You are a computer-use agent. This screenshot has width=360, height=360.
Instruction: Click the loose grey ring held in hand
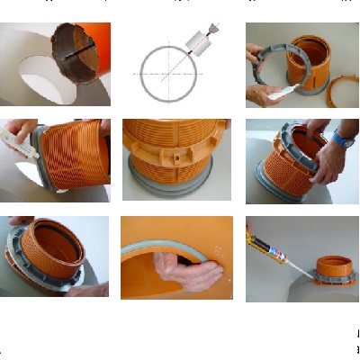click(x=268, y=67)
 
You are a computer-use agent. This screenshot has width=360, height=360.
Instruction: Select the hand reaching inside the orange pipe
click(x=182, y=265)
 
